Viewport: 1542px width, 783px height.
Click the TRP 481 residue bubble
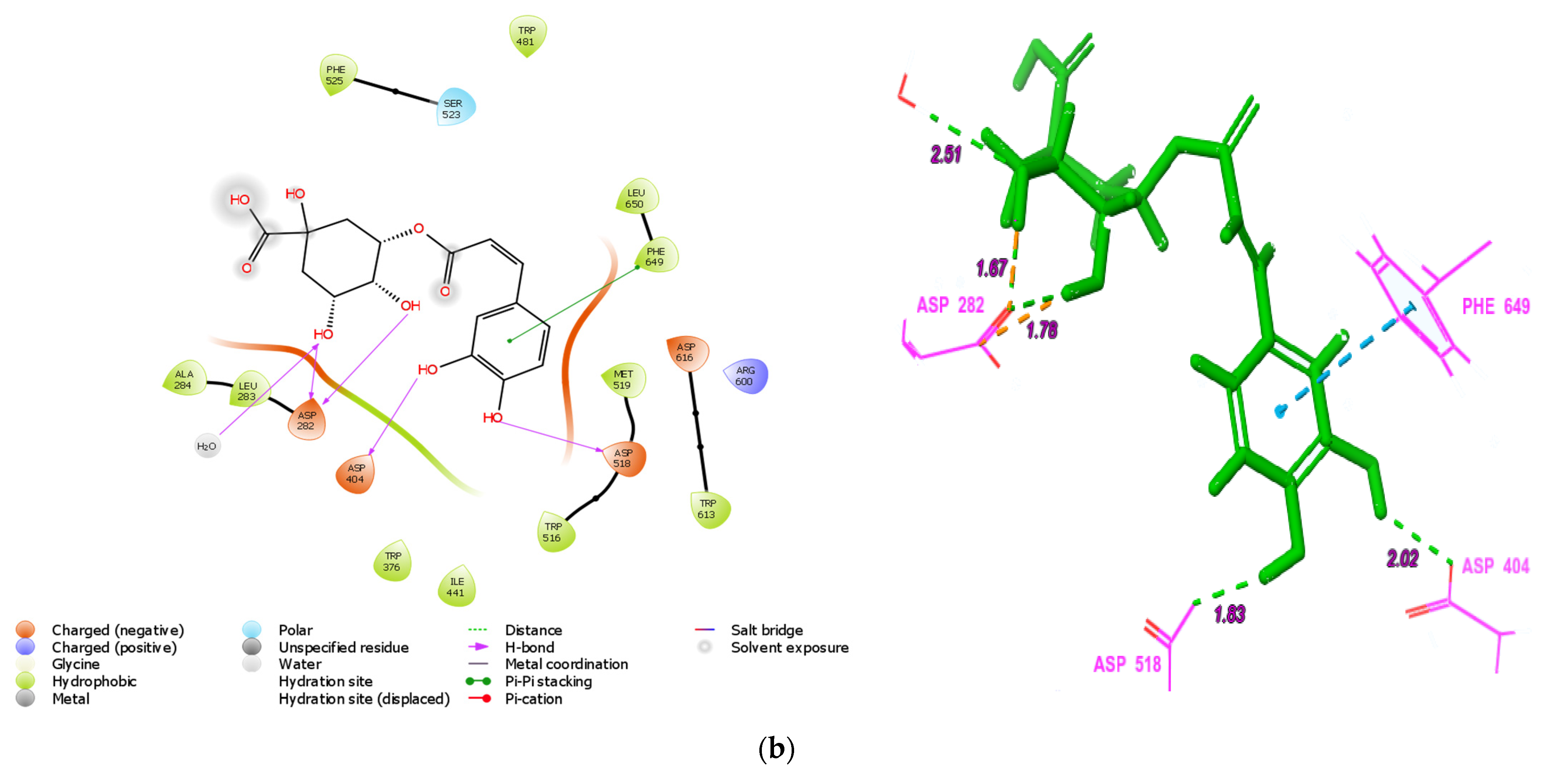(527, 36)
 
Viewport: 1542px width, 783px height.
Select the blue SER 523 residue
(454, 108)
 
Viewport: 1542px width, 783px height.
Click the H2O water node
(207, 446)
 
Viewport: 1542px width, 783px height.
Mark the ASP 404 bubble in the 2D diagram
(356, 474)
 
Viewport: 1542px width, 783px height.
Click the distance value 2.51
(946, 154)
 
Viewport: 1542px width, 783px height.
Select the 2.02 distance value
(1403, 558)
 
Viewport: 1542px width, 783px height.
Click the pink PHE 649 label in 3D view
(1495, 306)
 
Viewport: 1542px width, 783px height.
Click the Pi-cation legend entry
(533, 699)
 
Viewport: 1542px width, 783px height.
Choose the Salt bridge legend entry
(766, 630)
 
